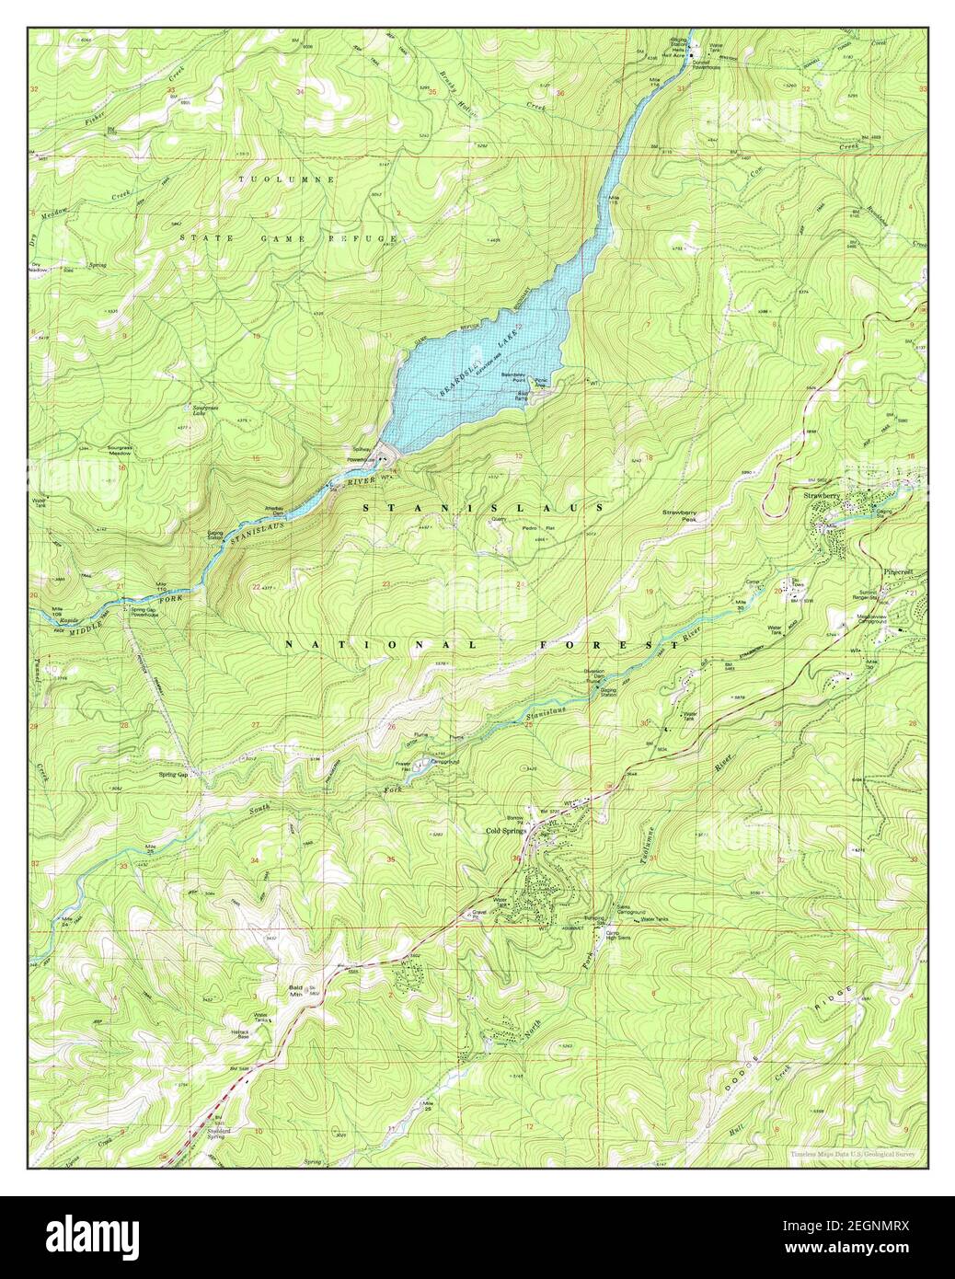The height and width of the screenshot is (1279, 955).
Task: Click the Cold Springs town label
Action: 506,831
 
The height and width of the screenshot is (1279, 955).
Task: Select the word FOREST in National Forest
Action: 607,646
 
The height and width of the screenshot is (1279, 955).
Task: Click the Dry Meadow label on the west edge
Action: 37,267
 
